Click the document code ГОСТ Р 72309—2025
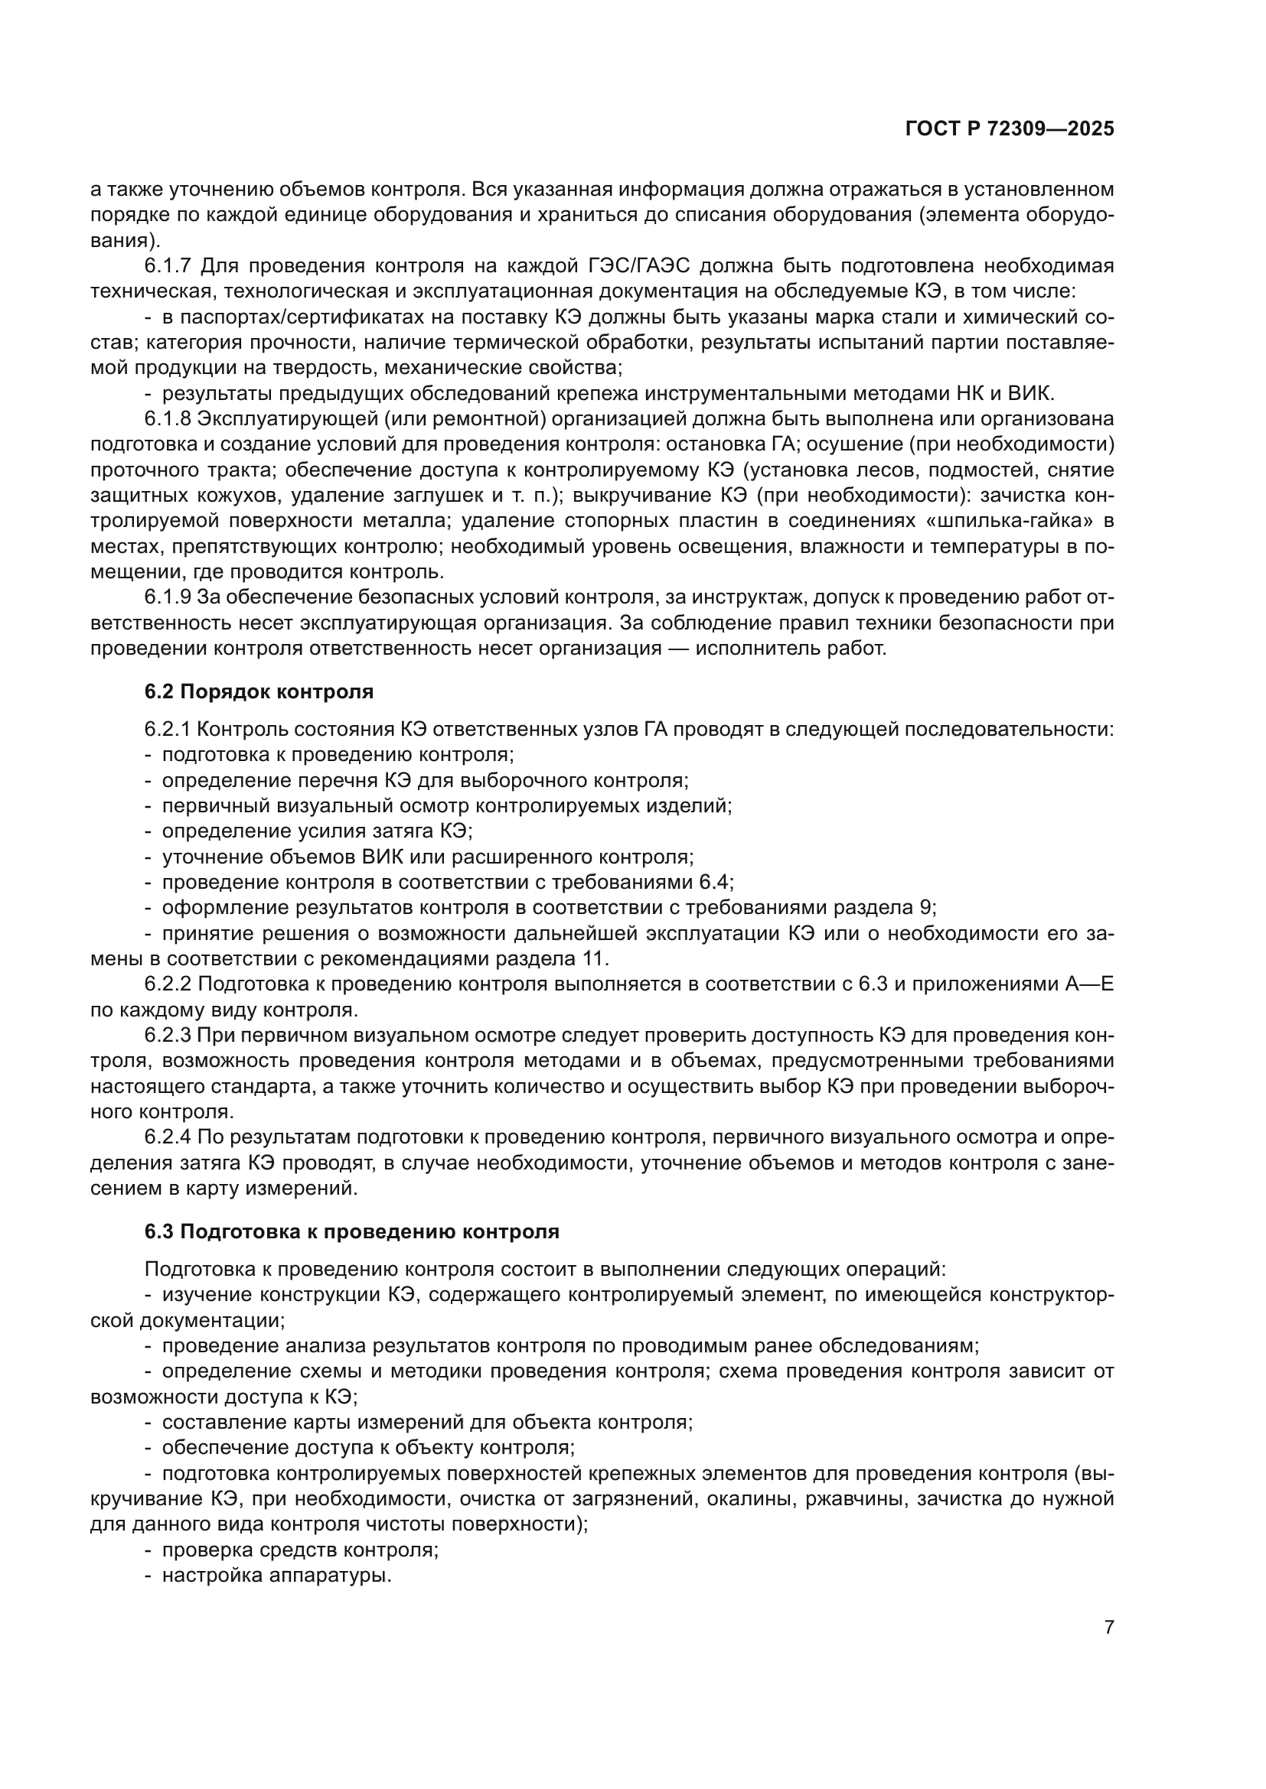coord(1009,129)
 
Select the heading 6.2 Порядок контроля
coord(259,691)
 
